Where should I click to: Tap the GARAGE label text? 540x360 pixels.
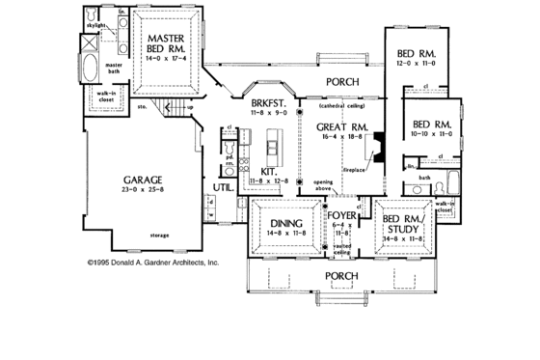click(141, 179)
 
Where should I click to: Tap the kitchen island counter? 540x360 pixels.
click(274, 153)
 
